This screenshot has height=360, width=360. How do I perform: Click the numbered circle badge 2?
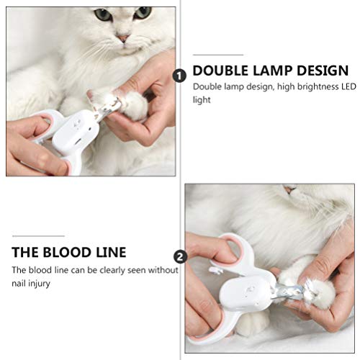click(x=179, y=256)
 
